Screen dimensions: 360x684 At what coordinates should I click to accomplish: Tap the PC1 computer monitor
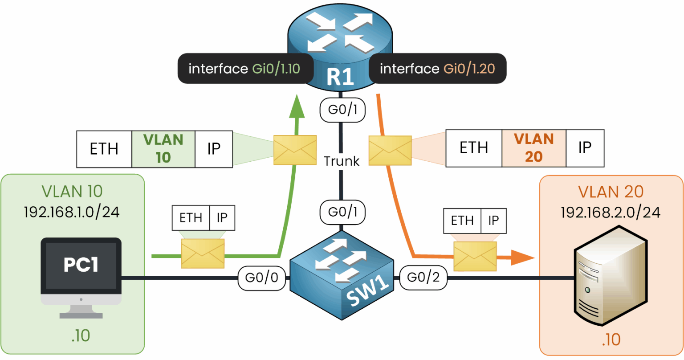tap(81, 272)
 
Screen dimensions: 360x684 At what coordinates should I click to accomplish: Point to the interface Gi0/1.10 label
tap(244, 69)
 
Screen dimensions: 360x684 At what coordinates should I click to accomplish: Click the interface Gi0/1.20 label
tap(437, 69)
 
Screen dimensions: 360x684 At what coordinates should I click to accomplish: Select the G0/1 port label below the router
tap(342, 110)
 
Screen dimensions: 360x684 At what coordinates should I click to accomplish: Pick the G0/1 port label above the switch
tap(342, 213)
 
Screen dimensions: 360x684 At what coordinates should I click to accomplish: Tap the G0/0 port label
tap(261, 278)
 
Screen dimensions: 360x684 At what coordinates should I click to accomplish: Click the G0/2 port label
tap(423, 278)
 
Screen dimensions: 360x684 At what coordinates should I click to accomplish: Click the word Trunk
tap(342, 161)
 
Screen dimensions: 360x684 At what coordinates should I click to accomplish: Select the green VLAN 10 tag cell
tap(163, 149)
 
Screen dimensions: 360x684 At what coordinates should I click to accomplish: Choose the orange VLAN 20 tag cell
tap(533, 148)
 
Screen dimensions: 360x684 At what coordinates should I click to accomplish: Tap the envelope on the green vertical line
tap(295, 150)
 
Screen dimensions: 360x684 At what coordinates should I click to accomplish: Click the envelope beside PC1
tap(203, 254)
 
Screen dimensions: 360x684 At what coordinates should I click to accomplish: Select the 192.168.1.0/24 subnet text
tap(72, 212)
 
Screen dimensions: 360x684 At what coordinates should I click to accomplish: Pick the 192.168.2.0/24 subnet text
tap(610, 213)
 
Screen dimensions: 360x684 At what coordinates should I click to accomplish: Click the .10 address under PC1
tap(81, 335)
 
